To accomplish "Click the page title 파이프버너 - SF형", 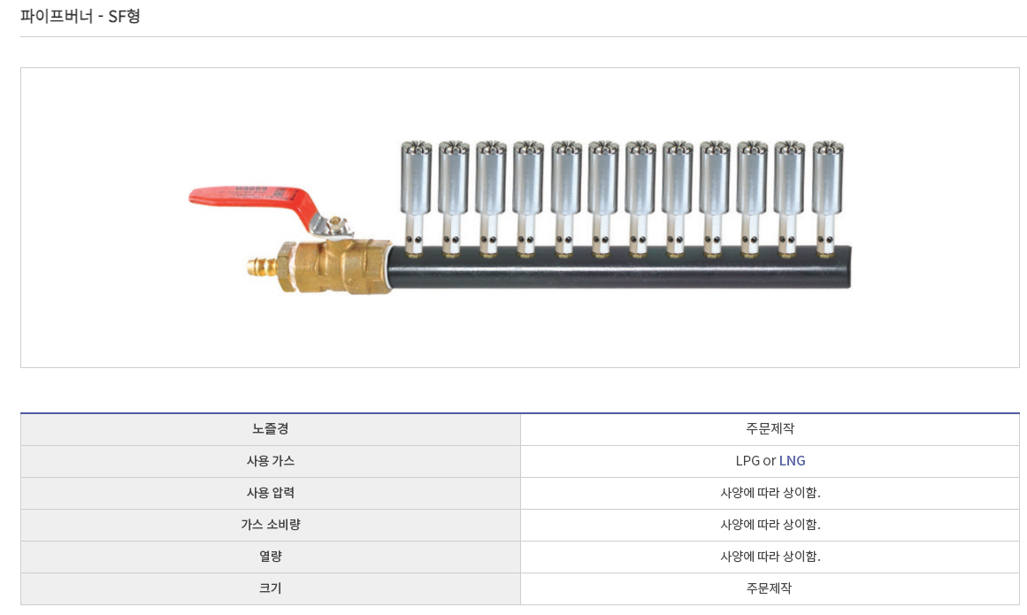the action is coord(80,16).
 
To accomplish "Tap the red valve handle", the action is coord(252,199).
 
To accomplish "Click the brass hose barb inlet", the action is coord(263,267).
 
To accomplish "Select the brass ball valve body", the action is coord(334,265).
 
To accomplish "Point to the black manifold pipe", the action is coord(619,268).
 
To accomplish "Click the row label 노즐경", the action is coord(271,429).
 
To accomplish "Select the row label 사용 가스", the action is coord(271,461).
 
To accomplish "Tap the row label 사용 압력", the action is coord(271,493).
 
